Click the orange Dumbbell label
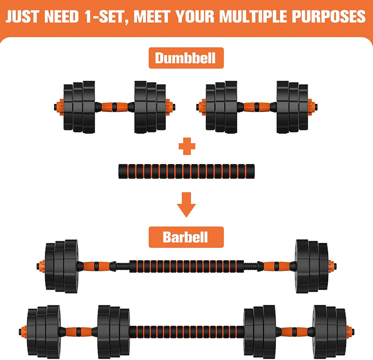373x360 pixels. coord(185,58)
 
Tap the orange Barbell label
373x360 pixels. coord(185,237)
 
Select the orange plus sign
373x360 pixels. coord(187,146)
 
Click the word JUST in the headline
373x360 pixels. coord(23,16)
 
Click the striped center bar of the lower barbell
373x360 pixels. coord(186,331)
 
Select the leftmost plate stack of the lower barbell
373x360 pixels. coord(43,331)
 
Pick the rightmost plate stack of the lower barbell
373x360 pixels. coord(330,331)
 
